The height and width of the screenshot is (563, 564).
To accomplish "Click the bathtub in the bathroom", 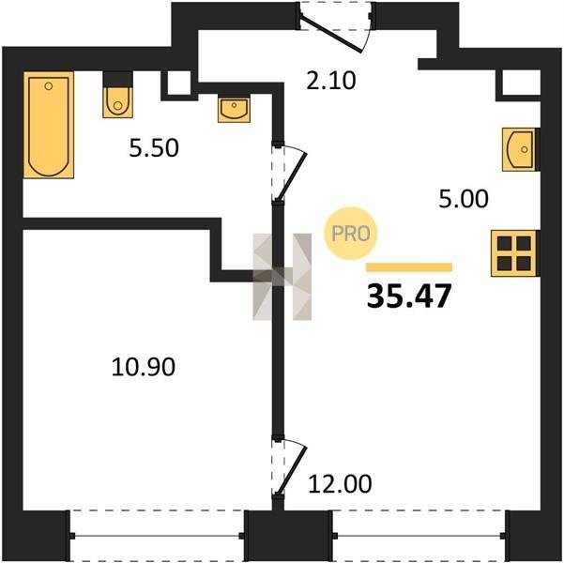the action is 49,125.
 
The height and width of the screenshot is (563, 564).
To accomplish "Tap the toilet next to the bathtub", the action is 117,96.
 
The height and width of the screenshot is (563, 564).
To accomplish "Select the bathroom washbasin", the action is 235,109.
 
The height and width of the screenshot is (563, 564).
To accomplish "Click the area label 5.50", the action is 154,148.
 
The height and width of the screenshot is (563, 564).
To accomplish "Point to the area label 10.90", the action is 144,367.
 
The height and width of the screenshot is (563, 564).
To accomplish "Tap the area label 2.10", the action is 331,80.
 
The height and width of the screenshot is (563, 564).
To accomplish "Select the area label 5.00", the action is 464,199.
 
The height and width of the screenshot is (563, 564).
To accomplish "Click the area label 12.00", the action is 340,484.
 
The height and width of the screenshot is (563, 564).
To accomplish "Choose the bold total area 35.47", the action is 409,297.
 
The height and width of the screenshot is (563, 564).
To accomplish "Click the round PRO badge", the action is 351,234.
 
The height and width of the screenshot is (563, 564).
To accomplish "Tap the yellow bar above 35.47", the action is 409,266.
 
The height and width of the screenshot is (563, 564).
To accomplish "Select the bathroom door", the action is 289,173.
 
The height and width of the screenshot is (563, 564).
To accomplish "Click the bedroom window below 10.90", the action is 157,536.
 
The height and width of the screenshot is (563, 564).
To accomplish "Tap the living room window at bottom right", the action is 419,536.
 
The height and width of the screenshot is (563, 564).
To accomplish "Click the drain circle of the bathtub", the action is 49,86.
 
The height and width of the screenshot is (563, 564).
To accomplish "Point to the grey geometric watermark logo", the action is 282,277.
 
